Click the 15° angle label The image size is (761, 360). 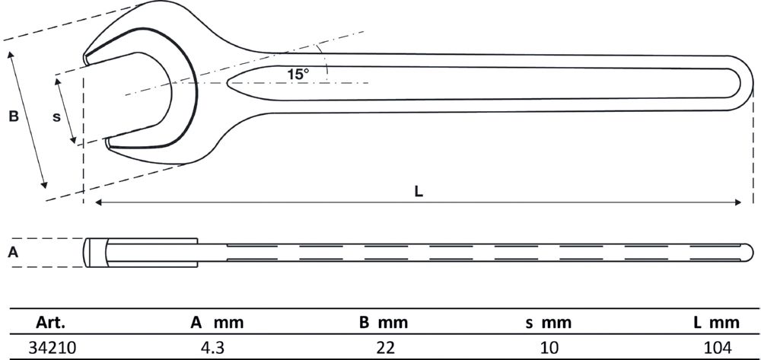[x=298, y=75]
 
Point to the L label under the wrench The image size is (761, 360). [x=419, y=192]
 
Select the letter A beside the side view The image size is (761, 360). [x=13, y=252]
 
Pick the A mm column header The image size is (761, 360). [x=217, y=322]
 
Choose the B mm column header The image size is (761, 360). [x=384, y=322]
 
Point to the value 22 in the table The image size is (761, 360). [x=384, y=347]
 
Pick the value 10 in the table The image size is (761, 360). [x=549, y=347]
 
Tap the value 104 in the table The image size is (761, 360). [x=718, y=347]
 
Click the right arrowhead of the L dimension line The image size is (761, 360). [x=738, y=202]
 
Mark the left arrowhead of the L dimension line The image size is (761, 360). [x=97, y=202]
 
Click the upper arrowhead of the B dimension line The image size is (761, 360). [x=11, y=55]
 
